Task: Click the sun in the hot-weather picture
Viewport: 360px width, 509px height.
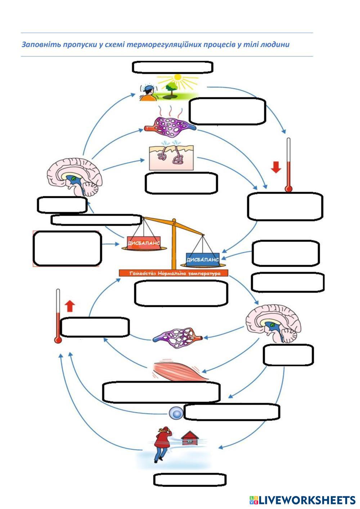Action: pos(177,77)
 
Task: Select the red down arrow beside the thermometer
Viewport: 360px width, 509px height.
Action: pos(276,167)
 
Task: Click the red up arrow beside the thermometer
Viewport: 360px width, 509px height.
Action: pos(70,306)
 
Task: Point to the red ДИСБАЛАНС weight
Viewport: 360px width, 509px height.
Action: pos(144,243)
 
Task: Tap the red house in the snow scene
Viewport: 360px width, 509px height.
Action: pos(190,438)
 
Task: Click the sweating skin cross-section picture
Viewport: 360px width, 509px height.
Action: pos(171,157)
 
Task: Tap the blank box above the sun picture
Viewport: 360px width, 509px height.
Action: pos(173,67)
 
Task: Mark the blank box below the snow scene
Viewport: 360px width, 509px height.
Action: pos(190,480)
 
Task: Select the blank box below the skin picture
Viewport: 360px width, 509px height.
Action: pos(181,183)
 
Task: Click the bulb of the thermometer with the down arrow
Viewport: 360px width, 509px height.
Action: pos(288,188)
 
